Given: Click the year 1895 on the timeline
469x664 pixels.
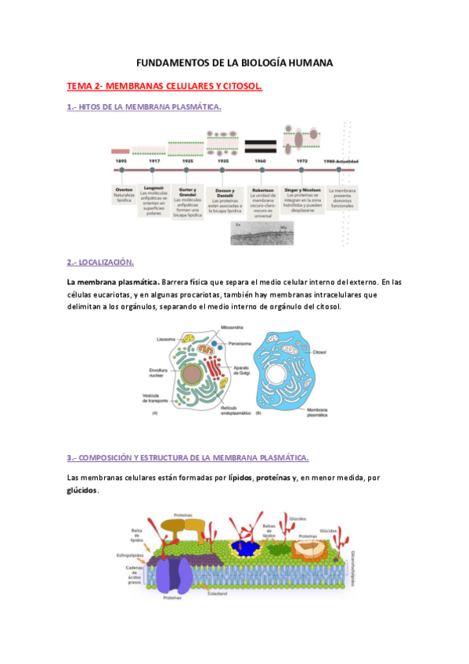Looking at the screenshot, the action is tap(121, 161).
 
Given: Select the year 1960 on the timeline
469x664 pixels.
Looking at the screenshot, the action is tap(260, 161).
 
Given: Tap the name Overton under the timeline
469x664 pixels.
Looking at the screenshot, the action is tap(124, 190).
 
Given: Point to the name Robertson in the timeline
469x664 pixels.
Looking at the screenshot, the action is tap(261, 190).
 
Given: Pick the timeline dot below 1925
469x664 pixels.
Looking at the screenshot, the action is tap(186, 169).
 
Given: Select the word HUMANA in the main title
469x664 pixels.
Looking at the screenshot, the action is tap(308, 62).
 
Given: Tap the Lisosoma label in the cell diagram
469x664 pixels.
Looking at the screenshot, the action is tap(165, 340).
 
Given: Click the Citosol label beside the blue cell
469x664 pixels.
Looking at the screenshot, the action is tap(319, 353).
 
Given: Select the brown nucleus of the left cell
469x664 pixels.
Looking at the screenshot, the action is tap(192, 375).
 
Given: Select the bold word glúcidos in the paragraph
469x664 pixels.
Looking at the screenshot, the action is tap(82, 490).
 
